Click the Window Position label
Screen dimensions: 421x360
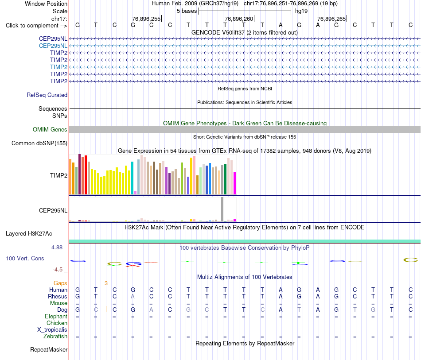pyautogui.click(x=46, y=4)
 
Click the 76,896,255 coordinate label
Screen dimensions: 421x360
pyautogui.click(x=146, y=19)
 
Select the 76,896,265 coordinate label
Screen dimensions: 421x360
pyautogui.click(x=331, y=19)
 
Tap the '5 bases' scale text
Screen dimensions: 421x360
pyautogui.click(x=187, y=11)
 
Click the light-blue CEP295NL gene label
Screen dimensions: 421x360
pyautogui.click(x=53, y=46)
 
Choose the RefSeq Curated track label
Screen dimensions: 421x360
pyautogui.click(x=47, y=95)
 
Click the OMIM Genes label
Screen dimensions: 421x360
pyautogui.click(x=50, y=130)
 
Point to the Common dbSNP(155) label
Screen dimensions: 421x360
pyautogui.click(x=39, y=143)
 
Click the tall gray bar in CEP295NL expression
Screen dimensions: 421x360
pyautogui.click(x=222, y=209)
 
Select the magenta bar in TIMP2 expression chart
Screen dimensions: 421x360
pyautogui.click(x=235, y=183)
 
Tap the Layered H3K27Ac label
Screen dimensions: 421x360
pyautogui.click(x=29, y=234)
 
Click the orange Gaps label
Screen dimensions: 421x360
pyautogui.click(x=60, y=283)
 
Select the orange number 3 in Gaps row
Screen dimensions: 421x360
pyautogui.click(x=106, y=283)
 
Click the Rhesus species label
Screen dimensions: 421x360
pyautogui.click(x=58, y=296)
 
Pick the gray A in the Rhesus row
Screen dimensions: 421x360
pyautogui.click(x=133, y=296)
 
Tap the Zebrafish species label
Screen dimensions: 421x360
pyautogui.click(x=55, y=337)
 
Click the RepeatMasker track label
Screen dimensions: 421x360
pyautogui.click(x=49, y=349)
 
